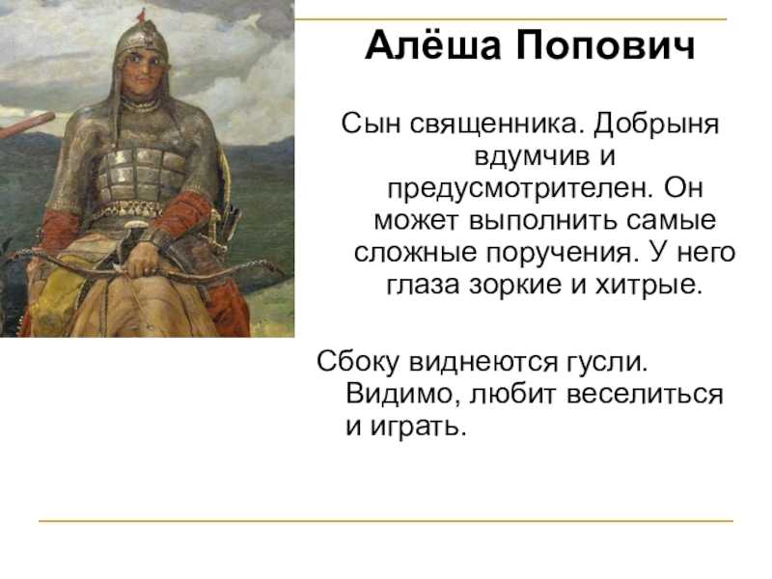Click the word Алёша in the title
[x=433, y=44]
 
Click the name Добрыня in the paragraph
[x=656, y=125]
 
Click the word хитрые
[x=648, y=286]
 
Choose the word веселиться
[x=645, y=396]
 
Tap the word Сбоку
[x=358, y=362]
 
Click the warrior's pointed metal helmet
[x=142, y=37]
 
